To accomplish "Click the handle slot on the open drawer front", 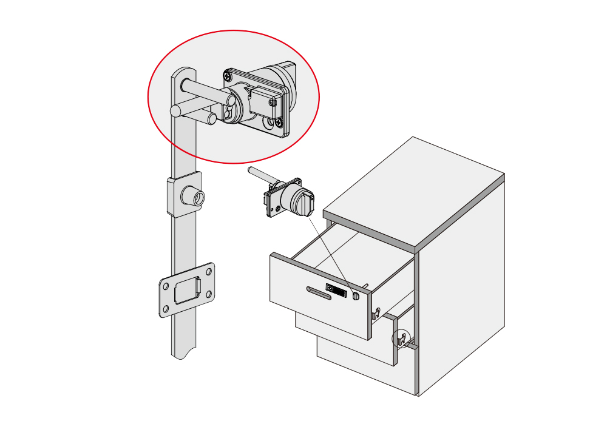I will (x=319, y=293).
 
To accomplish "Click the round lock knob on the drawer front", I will (x=356, y=296).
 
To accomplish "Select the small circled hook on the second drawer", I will (x=401, y=339).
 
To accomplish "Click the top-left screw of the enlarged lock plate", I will (x=227, y=76).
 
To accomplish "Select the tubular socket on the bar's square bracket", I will (x=196, y=197).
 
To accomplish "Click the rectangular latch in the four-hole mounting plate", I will (x=186, y=289).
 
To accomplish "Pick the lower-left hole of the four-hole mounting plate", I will (x=164, y=311).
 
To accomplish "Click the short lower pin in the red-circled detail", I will (x=211, y=118).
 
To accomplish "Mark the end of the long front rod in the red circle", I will (x=176, y=110).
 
